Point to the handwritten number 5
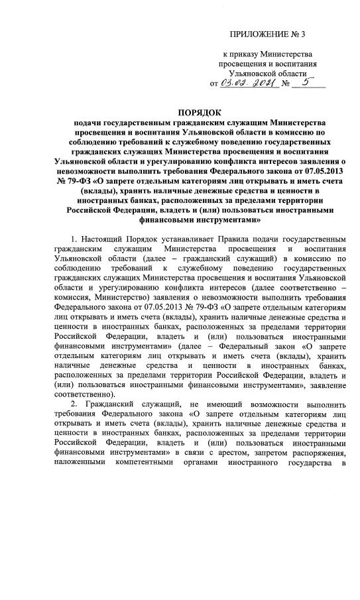pyautogui.click(x=305, y=83)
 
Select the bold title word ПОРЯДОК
pyautogui.click(x=202, y=112)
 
